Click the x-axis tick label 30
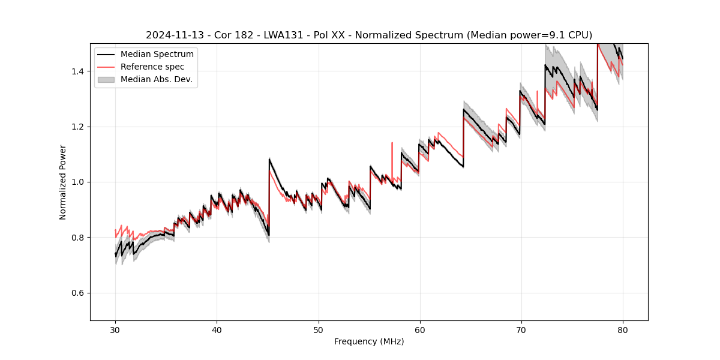coord(115,329)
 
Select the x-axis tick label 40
coord(217,329)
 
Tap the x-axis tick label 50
coord(318,329)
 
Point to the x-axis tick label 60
coord(420,329)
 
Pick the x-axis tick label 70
coord(521,329)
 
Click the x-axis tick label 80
coord(623,329)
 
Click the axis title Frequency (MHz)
coord(369,341)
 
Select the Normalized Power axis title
coord(63,182)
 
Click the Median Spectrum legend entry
coord(157,55)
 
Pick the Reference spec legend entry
coord(152,67)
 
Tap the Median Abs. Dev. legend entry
coord(156,79)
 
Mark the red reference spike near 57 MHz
coord(392,144)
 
